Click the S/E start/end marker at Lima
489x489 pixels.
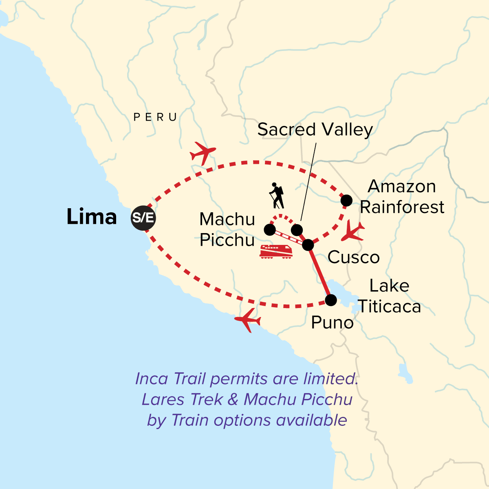click(x=143, y=218)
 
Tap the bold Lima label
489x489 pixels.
click(x=92, y=217)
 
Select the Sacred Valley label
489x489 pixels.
click(x=315, y=130)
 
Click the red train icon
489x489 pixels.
click(x=276, y=251)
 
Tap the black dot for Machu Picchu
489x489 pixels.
click(x=270, y=230)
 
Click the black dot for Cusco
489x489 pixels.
click(x=308, y=245)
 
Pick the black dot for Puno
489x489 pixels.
click(x=331, y=300)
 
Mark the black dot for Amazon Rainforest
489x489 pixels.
click(x=346, y=200)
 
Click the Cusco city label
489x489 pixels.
click(x=354, y=258)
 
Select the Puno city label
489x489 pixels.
click(x=332, y=323)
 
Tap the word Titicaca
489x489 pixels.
click(x=389, y=307)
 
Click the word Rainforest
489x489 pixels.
click(x=402, y=207)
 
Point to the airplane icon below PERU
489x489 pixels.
click(x=203, y=153)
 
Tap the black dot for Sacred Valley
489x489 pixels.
click(x=297, y=230)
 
